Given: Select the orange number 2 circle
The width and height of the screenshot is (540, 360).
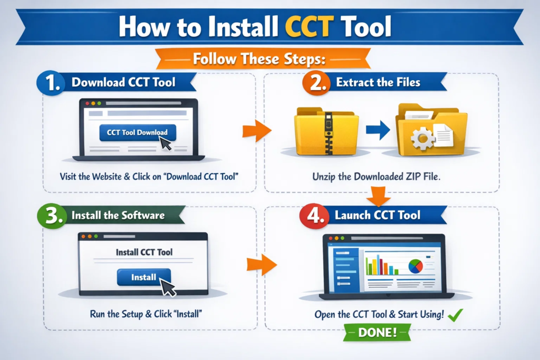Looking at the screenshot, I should (x=316, y=83).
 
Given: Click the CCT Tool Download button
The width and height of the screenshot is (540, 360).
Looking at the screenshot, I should (x=137, y=133).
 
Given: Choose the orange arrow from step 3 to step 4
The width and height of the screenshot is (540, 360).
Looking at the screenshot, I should (x=261, y=263).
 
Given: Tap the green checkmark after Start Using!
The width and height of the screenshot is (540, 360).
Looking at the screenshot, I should (x=454, y=315).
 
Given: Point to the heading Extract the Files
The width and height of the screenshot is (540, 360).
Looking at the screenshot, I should (x=378, y=83).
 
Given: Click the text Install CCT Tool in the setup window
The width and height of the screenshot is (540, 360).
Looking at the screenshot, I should (x=144, y=252).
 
